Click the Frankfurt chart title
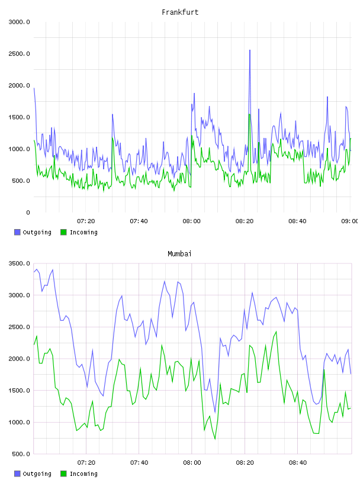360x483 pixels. pyautogui.click(x=180, y=12)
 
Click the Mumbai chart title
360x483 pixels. pyautogui.click(x=179, y=253)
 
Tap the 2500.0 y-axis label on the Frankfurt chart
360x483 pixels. pyautogui.click(x=19, y=54)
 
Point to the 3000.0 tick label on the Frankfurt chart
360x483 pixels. pyautogui.click(x=19, y=22)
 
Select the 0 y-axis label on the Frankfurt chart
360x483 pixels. pyautogui.click(x=28, y=212)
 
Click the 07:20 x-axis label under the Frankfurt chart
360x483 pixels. pyautogui.click(x=86, y=221)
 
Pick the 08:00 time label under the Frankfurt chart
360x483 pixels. pyautogui.click(x=191, y=221)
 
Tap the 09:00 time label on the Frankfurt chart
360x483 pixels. pyautogui.click(x=350, y=221)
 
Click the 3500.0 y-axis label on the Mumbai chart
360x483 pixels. pyautogui.click(x=19, y=263)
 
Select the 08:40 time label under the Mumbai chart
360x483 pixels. pyautogui.click(x=298, y=462)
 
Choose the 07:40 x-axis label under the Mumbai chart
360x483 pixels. pyautogui.click(x=139, y=462)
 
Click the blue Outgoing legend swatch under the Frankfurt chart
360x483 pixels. pyautogui.click(x=17, y=232)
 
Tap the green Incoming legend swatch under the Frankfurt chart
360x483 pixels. pyautogui.click(x=63, y=232)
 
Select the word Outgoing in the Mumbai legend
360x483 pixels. pyautogui.click(x=37, y=474)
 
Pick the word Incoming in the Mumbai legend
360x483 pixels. pyautogui.click(x=83, y=474)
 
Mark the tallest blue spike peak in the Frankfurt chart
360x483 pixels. pyautogui.click(x=250, y=50)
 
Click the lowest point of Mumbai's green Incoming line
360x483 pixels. pyautogui.click(x=215, y=439)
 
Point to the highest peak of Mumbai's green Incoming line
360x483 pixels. pyautogui.click(x=276, y=331)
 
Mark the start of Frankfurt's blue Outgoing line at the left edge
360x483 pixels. pyautogui.click(x=34, y=88)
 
